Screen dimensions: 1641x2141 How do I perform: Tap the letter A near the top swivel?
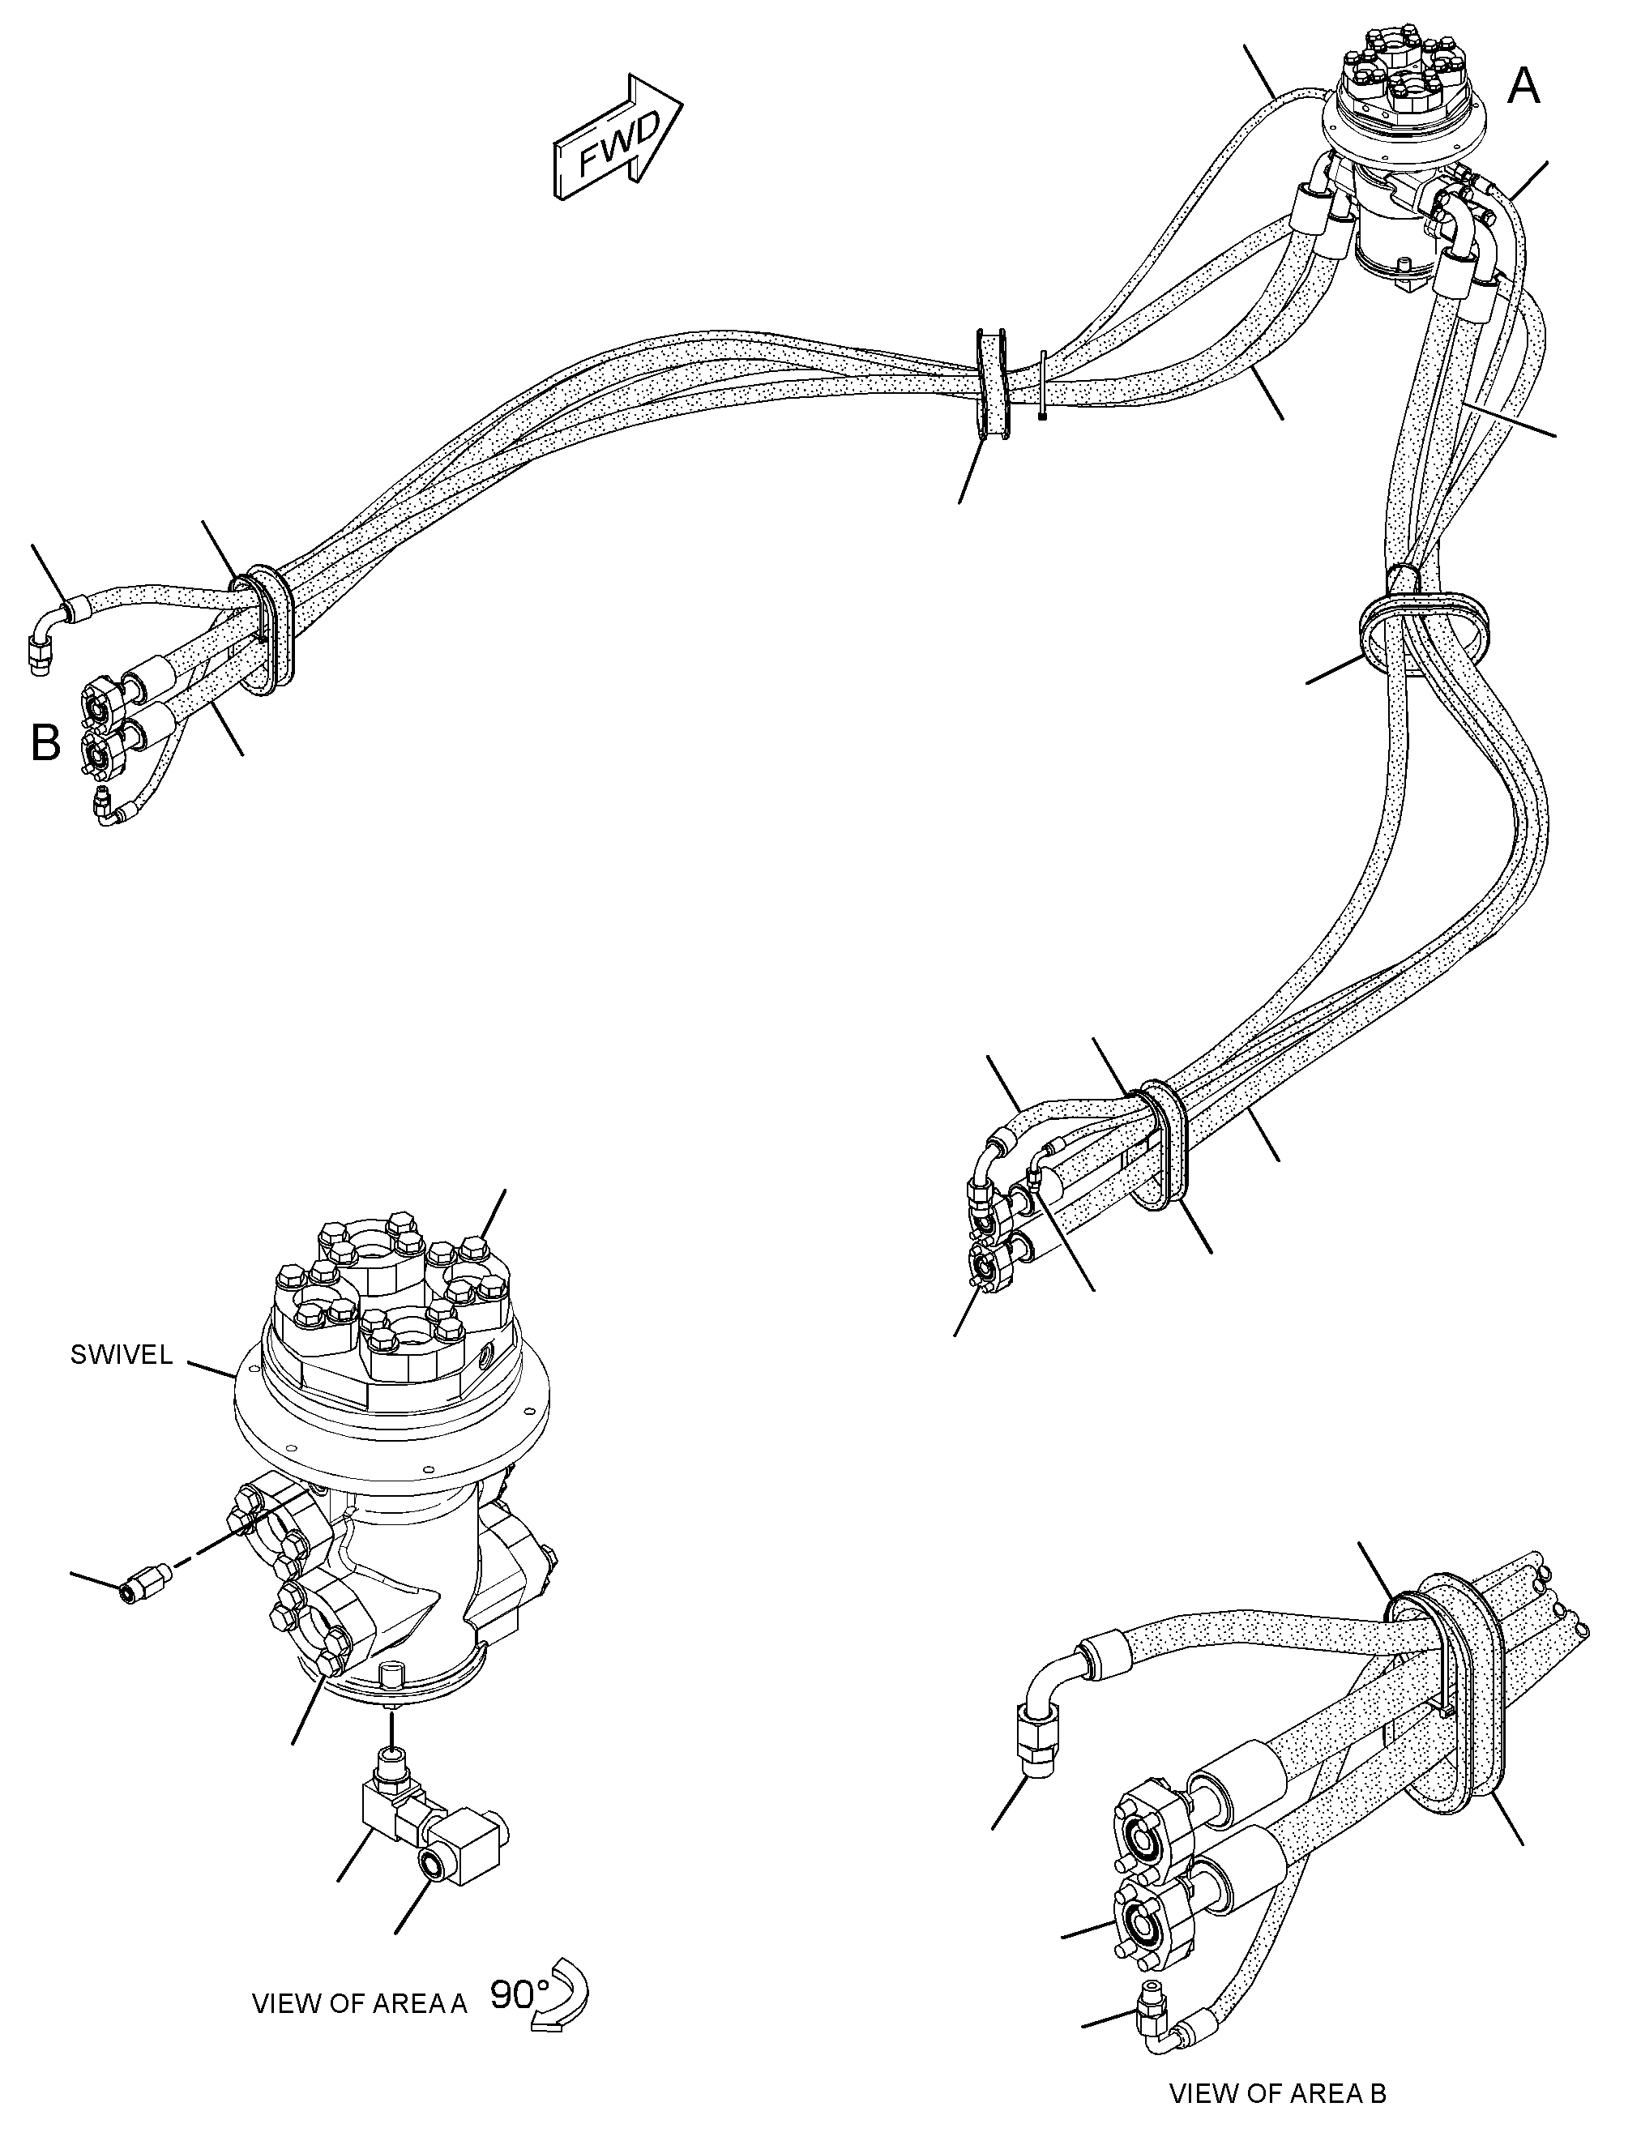pos(1523,87)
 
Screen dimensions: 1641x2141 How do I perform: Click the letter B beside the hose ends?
pos(46,743)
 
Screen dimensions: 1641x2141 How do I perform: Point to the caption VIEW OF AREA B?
pos(1278,2093)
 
